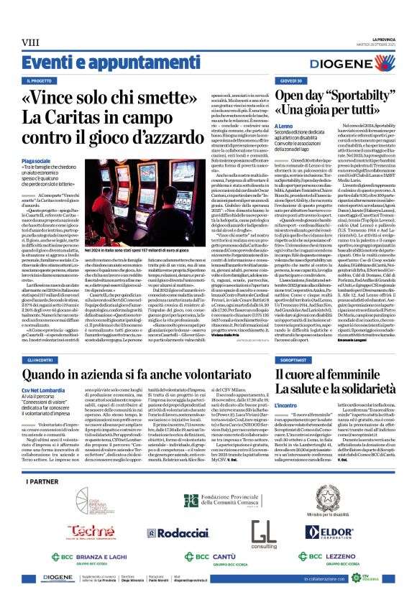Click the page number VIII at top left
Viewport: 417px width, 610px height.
coord(31,43)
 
